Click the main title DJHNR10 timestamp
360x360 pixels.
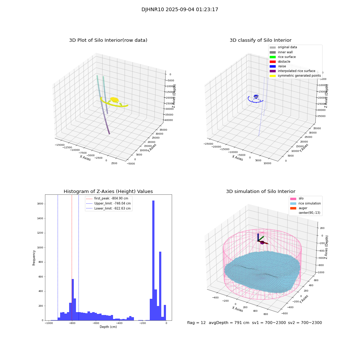pos(180,10)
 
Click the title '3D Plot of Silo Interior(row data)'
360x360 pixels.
pos(108,40)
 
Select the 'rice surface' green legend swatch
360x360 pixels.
pos(273,57)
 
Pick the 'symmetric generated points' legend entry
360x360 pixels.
pos(299,76)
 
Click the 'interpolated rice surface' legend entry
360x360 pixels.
pos(296,71)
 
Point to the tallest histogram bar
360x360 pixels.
pos(153,259)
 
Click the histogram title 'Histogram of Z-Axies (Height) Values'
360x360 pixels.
pos(108,192)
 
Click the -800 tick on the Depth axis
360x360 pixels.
pos(72,324)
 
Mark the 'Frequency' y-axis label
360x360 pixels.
pos(34,257)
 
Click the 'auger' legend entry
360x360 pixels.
pos(302,208)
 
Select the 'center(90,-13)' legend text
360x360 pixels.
pos(309,213)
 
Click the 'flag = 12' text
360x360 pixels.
pos(196,323)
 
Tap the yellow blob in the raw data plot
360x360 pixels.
pos(114,99)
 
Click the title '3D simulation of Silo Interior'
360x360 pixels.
pos(260,192)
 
